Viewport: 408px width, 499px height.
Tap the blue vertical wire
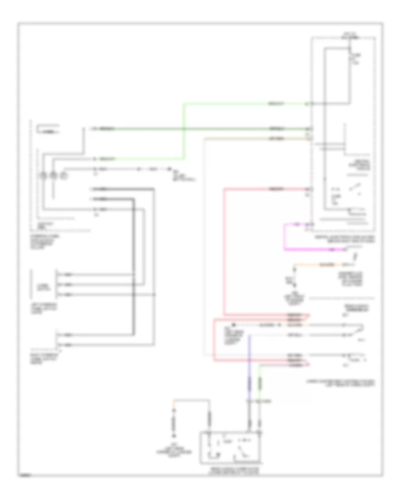pyautogui.click(x=248, y=363)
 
